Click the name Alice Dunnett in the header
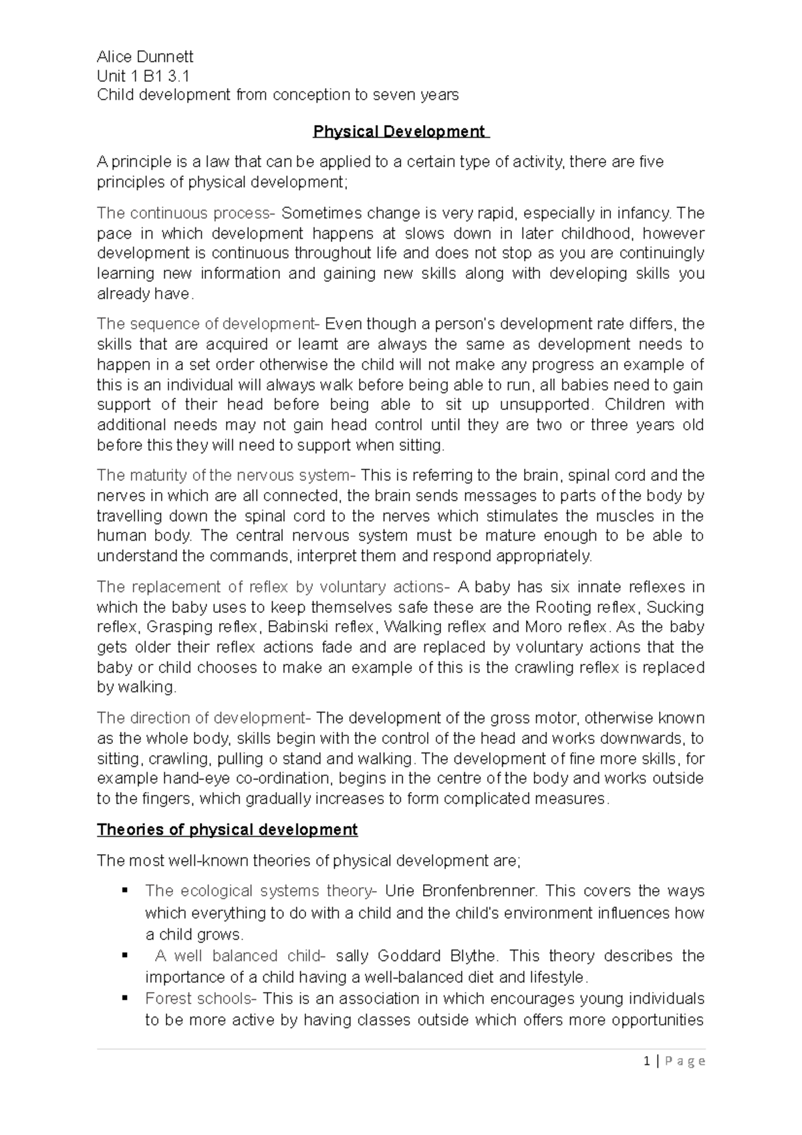145,57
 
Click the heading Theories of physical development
227,830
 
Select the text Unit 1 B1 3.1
142,76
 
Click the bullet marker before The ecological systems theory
124,890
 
